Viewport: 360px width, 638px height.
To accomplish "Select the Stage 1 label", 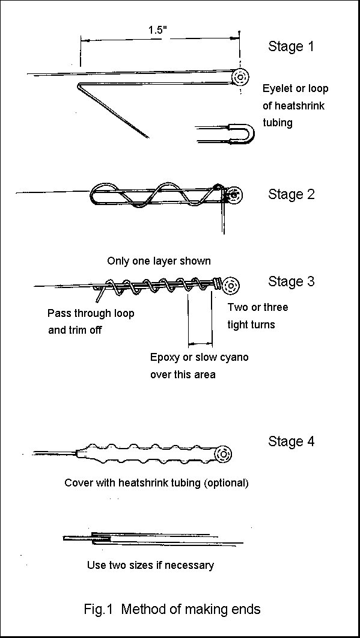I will tap(291, 46).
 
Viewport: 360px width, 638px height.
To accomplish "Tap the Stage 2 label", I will tap(291, 194).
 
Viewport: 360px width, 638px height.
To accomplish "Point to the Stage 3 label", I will tap(291, 281).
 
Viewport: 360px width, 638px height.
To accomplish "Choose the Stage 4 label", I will tap(291, 441).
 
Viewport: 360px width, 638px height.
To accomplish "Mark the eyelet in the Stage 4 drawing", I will tap(224, 453).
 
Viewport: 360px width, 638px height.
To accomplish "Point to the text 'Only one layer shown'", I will tap(159, 261).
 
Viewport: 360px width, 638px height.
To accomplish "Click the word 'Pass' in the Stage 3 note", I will tap(58, 313).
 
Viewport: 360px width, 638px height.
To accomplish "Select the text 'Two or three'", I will tap(258, 307).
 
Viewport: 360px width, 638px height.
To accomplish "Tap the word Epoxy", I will tap(165, 357).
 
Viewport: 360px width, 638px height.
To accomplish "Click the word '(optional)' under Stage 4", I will tap(225, 482).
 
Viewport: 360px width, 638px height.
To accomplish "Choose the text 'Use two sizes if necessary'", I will tap(150, 565).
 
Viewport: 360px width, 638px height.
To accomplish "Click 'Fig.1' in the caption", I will tap(99, 609).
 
